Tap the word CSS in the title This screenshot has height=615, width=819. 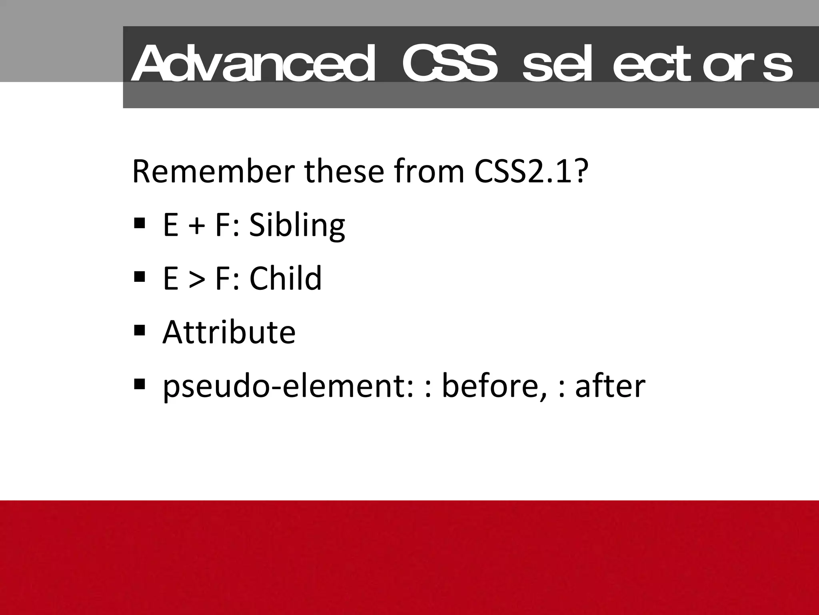tap(450, 63)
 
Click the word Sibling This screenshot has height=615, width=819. tap(297, 225)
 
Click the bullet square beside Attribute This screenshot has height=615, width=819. tap(140, 330)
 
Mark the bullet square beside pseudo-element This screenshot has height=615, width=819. tap(140, 384)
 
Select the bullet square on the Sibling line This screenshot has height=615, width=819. tap(140, 223)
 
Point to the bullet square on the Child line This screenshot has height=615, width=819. tap(140, 276)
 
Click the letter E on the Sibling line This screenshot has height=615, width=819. tap(170, 225)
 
